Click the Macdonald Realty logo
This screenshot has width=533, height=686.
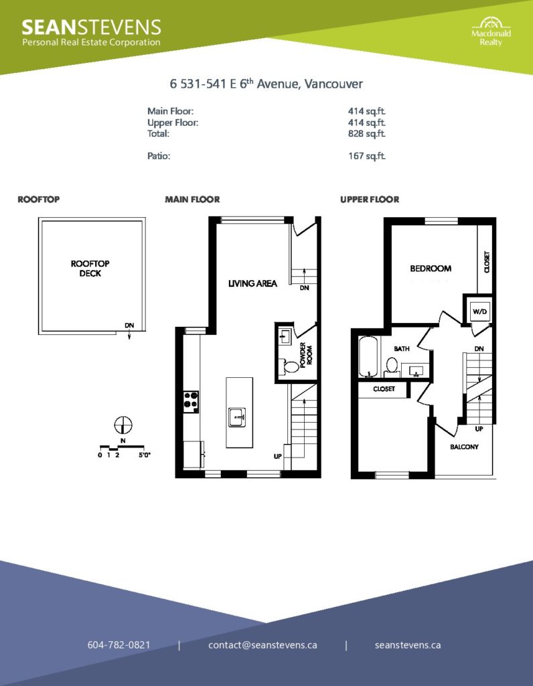pos(491,31)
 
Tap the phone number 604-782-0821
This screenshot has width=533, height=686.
pos(119,645)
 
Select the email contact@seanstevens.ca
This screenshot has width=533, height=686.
pos(262,645)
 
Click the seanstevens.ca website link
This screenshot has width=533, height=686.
pos(408,645)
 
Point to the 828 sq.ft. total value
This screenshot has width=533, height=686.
pos(367,133)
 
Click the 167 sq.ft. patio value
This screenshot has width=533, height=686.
pos(367,155)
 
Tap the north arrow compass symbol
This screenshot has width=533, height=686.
pos(123,425)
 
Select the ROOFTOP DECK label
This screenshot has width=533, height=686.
pos(90,268)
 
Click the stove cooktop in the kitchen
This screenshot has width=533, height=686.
pos(191,402)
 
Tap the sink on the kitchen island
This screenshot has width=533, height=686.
pos(237,417)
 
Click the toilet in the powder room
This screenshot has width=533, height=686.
pos(288,366)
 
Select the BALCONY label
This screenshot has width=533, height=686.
pos(464,447)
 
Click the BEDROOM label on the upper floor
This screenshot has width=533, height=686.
pos(431,268)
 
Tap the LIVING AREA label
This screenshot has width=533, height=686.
pos(252,283)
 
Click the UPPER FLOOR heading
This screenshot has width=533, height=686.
pos(370,200)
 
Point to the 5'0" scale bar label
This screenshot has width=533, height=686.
pos(144,455)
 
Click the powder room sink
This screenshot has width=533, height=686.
pos(285,337)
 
